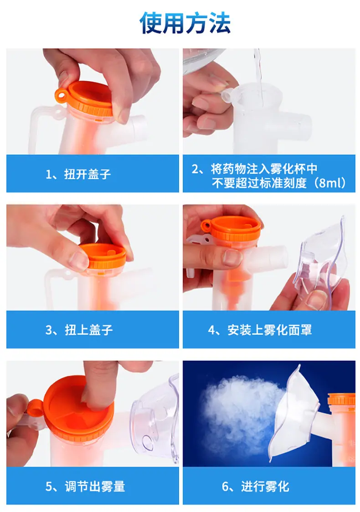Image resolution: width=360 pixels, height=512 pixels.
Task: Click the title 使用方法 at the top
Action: pos(185,23)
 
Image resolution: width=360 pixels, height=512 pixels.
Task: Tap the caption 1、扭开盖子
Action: pos(78,174)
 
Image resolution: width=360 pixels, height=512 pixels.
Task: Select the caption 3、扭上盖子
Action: pos(79,330)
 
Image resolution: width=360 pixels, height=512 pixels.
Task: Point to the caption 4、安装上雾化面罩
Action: pos(260,330)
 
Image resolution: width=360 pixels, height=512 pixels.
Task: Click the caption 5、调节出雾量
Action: pos(85,486)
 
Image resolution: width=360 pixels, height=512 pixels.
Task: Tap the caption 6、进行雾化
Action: pos(256,486)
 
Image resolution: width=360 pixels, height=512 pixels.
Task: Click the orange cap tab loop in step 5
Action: pos(34,409)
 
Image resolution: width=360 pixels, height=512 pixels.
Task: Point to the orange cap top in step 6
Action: pos(341,400)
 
